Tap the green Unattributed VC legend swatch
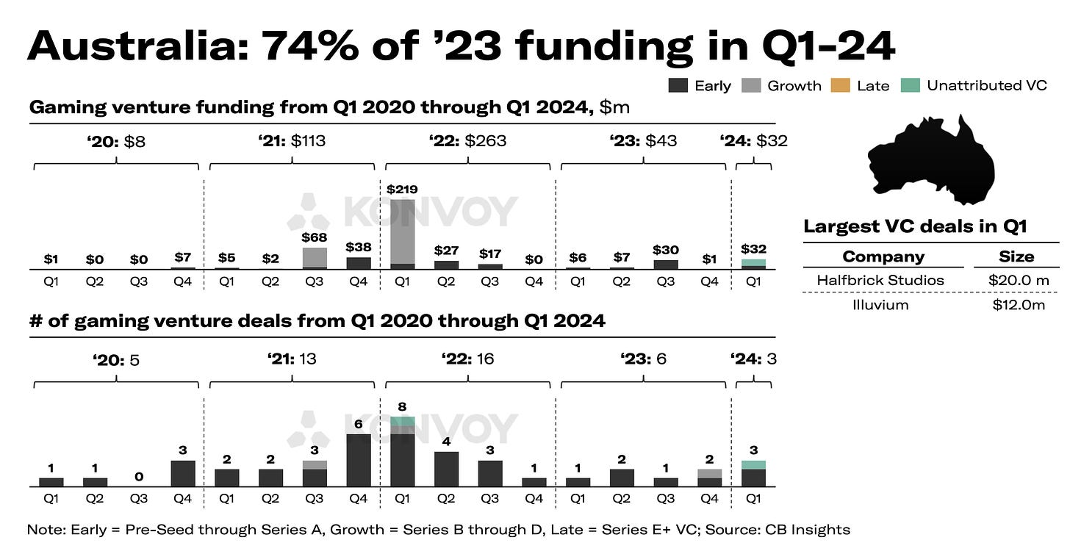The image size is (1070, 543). pyautogui.click(x=911, y=85)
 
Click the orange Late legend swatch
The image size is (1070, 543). pyautogui.click(x=841, y=85)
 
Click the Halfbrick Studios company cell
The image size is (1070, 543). pyautogui.click(x=880, y=280)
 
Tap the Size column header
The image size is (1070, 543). pyautogui.click(x=1016, y=256)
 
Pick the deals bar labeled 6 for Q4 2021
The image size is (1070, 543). pyautogui.click(x=358, y=460)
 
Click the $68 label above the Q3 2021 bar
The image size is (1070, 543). pyautogui.click(x=314, y=238)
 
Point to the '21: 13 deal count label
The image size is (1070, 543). pyautogui.click(x=292, y=359)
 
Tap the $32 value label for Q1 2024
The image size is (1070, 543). pyautogui.click(x=753, y=250)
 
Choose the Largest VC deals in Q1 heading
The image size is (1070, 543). pyautogui.click(x=914, y=226)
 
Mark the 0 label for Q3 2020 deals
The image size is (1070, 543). pyautogui.click(x=138, y=477)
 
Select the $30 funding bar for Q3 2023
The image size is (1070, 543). pyautogui.click(x=666, y=265)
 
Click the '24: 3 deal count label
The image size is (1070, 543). pyautogui.click(x=753, y=359)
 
